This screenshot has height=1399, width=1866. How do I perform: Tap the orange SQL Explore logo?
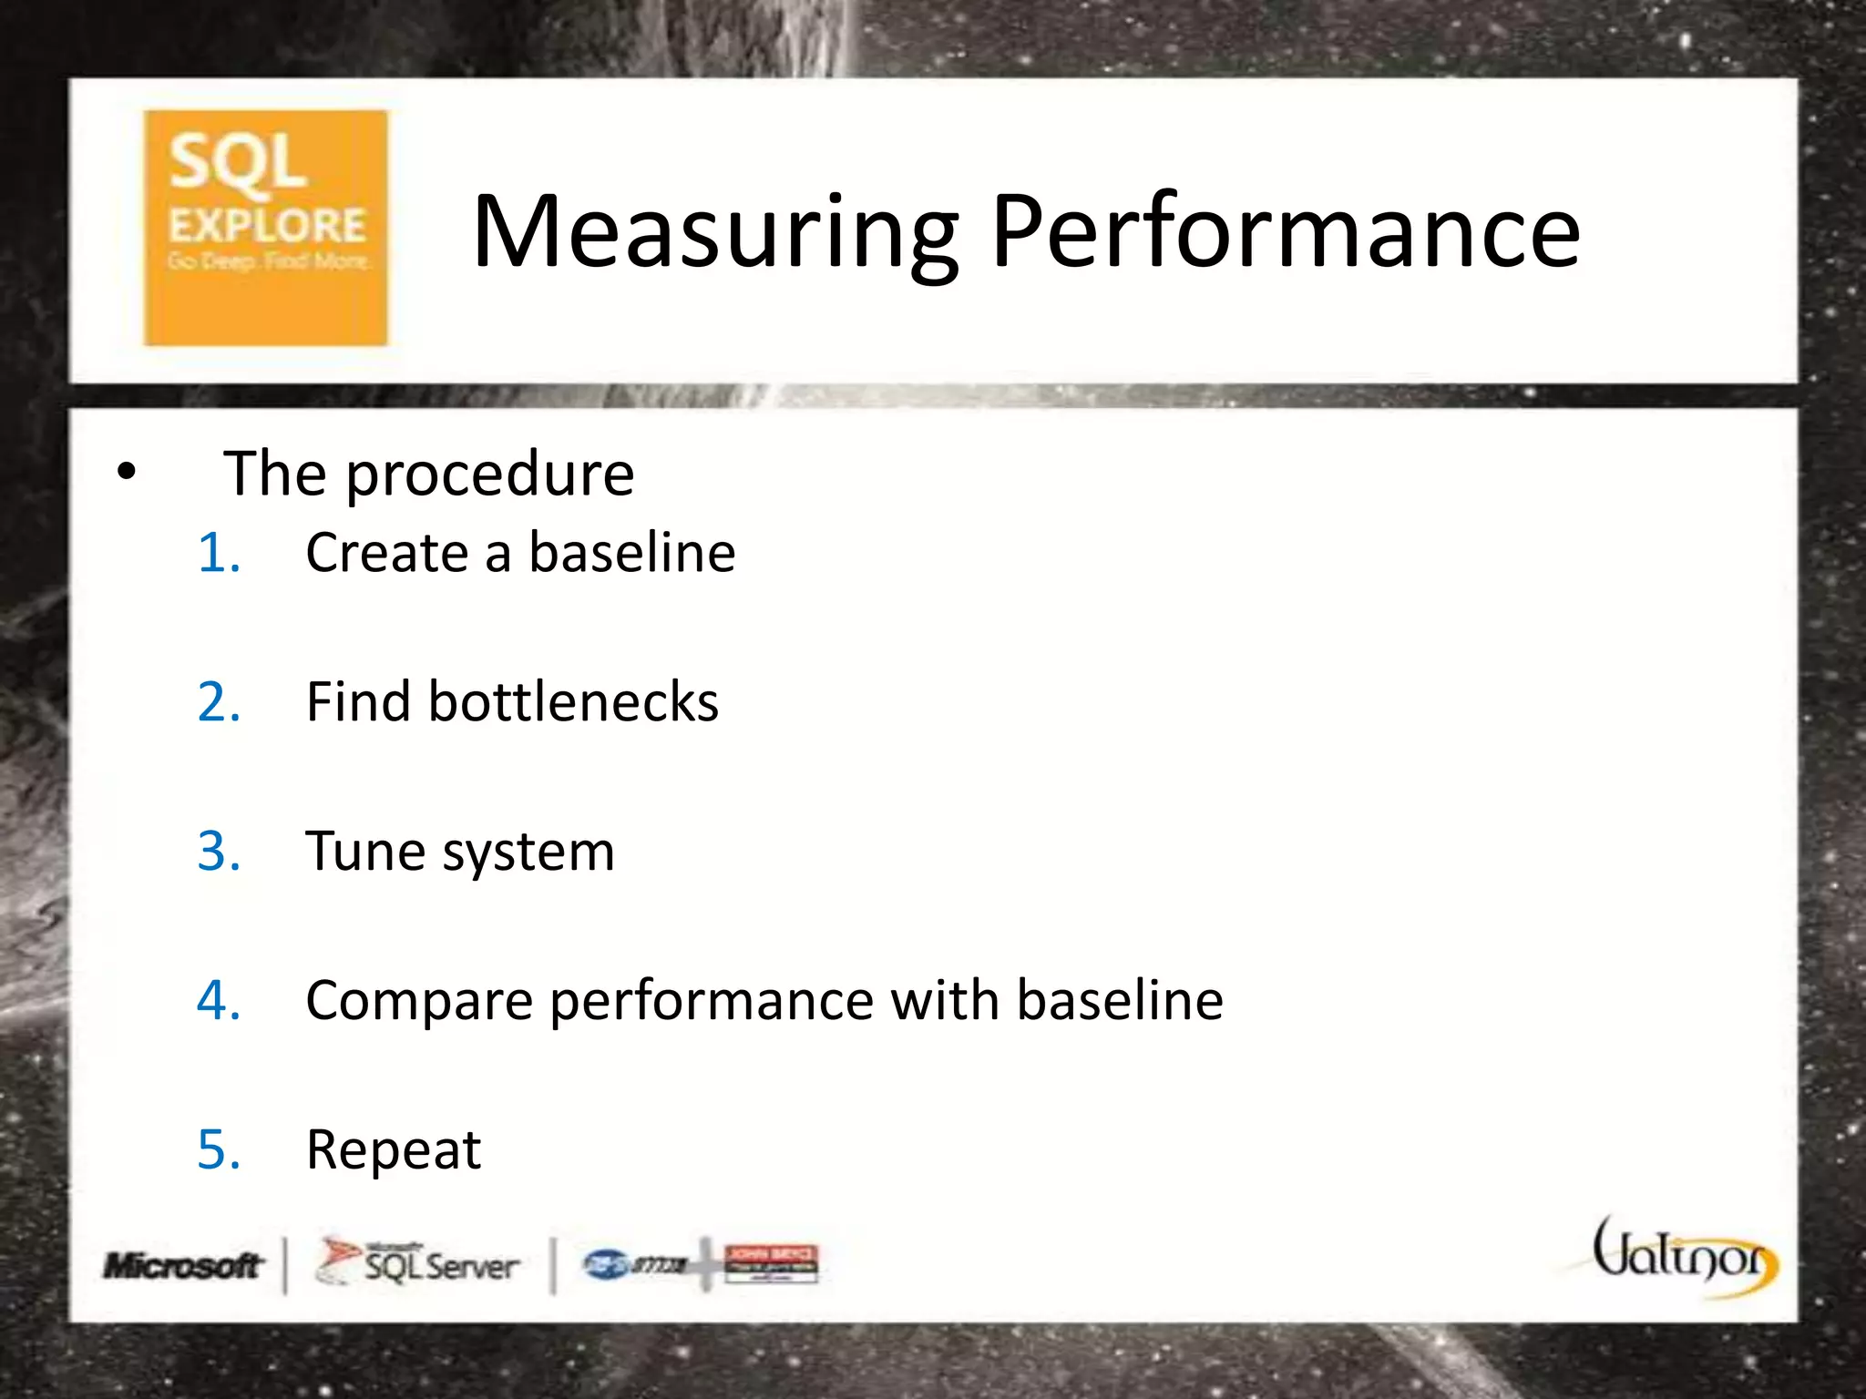(265, 228)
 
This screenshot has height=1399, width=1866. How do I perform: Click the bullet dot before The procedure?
(126, 472)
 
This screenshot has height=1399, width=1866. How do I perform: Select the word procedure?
(489, 475)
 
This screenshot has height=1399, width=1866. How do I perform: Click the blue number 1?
(219, 553)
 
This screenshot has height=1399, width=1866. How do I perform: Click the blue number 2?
(219, 702)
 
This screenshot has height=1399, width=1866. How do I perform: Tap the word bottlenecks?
(573, 702)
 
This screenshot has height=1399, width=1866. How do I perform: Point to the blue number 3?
(219, 852)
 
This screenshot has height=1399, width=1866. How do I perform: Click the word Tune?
(363, 852)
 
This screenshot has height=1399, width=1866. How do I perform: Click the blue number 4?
(219, 1000)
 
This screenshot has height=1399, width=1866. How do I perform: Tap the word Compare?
(419, 1002)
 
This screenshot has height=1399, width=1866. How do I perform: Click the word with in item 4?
(944, 1000)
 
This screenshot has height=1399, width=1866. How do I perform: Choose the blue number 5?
(219, 1149)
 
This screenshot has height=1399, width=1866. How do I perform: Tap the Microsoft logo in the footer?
(182, 1265)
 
